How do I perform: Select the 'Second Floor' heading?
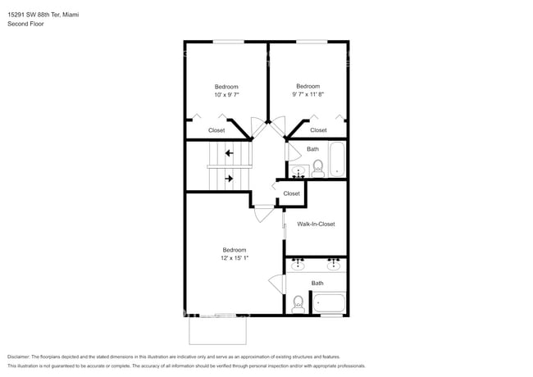point(25,24)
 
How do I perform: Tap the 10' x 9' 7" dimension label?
point(226,95)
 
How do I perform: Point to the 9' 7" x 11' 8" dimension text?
point(307,94)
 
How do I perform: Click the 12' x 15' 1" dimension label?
point(235,258)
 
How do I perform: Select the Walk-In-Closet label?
point(316,224)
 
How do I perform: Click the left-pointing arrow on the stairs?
point(230,152)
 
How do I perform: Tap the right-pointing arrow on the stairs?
point(230,177)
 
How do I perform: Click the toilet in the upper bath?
point(317,168)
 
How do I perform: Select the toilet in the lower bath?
point(297,303)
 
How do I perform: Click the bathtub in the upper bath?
point(338,159)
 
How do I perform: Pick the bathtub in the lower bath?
point(330,303)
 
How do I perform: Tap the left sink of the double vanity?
point(298,265)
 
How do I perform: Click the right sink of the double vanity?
point(334,265)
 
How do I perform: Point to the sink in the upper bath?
point(298,170)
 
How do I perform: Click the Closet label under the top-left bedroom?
point(216,130)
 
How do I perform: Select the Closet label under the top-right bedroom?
point(318,130)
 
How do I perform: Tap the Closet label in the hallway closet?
point(291,193)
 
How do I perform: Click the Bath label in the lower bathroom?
point(317,284)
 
